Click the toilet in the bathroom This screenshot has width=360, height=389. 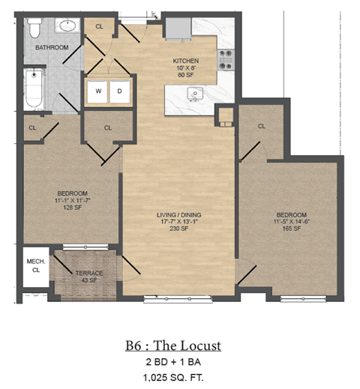coord(33,28)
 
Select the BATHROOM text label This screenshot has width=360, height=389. coord(52,47)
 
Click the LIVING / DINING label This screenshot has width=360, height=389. coord(179,216)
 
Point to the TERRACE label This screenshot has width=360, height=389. coord(89,273)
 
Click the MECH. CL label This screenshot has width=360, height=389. coord(34,265)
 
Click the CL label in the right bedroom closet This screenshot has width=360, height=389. coord(262,126)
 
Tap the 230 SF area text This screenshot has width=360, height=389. coord(179,230)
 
